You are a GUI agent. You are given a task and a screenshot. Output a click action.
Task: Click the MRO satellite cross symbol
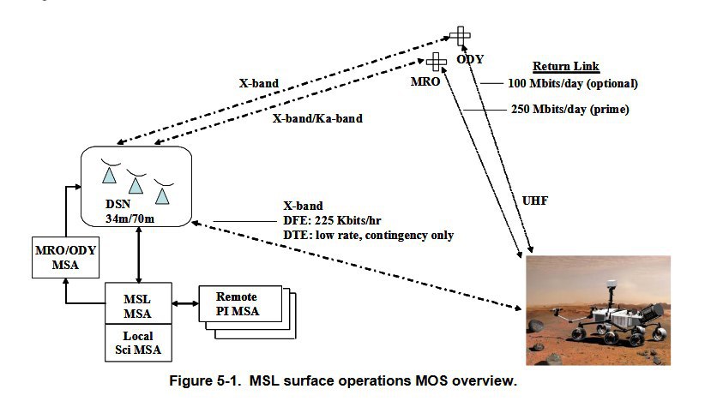point(437,62)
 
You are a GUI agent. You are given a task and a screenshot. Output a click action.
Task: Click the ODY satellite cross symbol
point(461,36)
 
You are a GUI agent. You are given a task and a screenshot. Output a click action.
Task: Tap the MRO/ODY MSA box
point(66,257)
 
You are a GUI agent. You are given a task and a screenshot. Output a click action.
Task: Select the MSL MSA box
point(138,303)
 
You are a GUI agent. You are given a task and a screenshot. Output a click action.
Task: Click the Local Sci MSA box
point(138,343)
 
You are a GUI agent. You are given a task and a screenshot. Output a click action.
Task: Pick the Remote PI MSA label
point(238,304)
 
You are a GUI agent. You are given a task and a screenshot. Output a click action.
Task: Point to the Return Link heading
point(565,67)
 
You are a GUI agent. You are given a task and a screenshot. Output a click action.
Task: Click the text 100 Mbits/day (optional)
point(573,83)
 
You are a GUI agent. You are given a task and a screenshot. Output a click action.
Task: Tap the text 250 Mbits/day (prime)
point(569,109)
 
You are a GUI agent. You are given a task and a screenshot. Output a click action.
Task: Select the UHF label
point(535,201)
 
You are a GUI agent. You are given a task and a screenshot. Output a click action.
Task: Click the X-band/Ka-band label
point(317,118)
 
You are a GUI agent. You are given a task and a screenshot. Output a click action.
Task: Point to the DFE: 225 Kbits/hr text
point(332,220)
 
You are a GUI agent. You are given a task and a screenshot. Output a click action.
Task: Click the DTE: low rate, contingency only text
point(368,236)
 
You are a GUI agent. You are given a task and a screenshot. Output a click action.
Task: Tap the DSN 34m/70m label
point(130,211)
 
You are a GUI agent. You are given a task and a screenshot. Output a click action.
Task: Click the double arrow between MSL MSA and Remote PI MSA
point(185,303)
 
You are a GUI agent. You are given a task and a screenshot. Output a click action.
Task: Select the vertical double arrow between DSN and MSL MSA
point(138,254)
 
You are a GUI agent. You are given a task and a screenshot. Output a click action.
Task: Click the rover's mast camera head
point(611,284)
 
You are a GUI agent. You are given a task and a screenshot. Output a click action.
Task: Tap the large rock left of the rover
point(535,326)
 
